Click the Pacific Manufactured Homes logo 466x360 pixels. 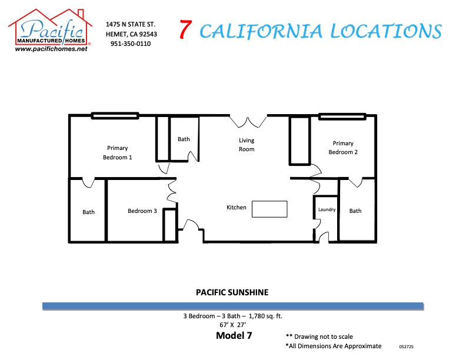tap(50, 29)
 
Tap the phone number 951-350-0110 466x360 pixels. tap(130, 44)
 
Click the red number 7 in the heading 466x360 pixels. tap(185, 30)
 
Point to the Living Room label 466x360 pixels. tap(247, 145)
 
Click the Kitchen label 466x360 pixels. tap(237, 207)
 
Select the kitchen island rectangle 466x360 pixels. tap(269, 209)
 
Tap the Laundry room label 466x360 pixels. tap(327, 209)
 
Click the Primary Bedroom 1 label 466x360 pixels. tap(118, 153)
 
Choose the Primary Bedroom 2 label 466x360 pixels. tap(343, 148)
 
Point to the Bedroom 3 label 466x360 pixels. tap(142, 211)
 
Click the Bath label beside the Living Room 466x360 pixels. tap(184, 139)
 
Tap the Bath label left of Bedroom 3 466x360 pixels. tap(88, 212)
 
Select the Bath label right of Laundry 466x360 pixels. tap(355, 211)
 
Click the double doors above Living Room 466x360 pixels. tap(248, 121)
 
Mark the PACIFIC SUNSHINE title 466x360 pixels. tap(232, 292)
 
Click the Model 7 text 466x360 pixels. tap(234, 336)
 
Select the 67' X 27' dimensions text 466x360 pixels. tap(233, 325)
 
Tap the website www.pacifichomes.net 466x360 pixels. tap(51, 49)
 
